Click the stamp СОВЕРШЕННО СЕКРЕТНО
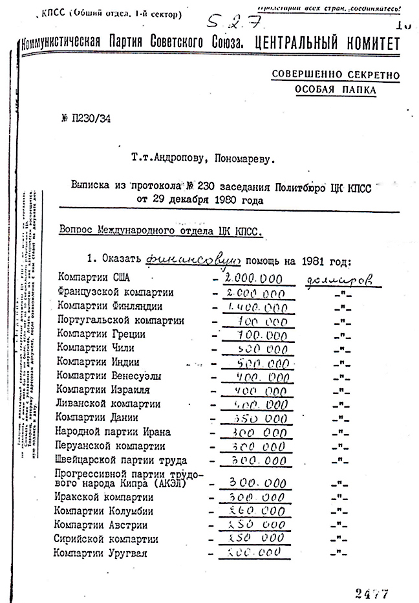tap(336, 76)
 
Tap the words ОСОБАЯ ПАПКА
tap(336, 91)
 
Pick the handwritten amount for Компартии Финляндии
tap(257, 307)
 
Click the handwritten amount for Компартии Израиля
tap(257, 391)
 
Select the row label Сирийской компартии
tap(107, 539)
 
